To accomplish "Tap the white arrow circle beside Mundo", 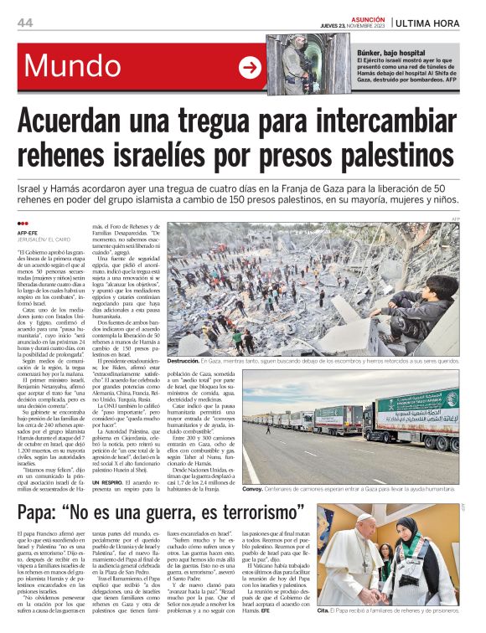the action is coord(250,68).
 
